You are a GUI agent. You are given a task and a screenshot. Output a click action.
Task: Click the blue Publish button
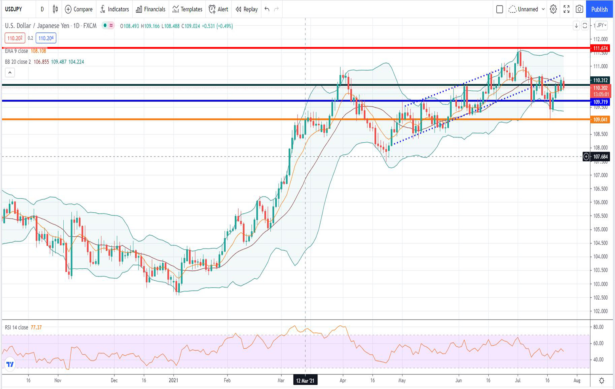click(599, 9)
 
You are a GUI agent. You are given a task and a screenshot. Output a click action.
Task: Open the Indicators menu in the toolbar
click(114, 9)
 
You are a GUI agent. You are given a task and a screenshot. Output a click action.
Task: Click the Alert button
click(218, 9)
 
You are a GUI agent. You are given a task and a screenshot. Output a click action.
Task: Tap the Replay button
click(247, 9)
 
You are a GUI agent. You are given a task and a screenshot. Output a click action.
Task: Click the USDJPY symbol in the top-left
click(13, 9)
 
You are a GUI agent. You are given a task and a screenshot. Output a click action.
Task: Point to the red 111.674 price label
click(600, 48)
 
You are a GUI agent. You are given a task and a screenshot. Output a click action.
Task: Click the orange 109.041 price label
click(600, 119)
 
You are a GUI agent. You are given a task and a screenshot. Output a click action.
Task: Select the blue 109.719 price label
click(600, 102)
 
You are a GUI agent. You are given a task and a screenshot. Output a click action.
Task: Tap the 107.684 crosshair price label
click(600, 157)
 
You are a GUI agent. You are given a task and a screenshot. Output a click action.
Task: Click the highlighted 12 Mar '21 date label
click(305, 380)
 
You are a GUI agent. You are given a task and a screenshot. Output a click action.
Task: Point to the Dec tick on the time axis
click(114, 380)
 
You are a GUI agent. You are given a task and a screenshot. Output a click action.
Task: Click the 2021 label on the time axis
click(173, 380)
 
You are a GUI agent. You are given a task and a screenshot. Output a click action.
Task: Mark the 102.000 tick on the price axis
click(600, 311)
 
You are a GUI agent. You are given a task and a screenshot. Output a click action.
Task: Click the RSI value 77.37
click(36, 327)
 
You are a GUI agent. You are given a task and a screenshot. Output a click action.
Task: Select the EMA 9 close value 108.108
click(38, 51)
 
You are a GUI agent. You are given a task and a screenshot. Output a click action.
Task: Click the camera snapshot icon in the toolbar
click(579, 9)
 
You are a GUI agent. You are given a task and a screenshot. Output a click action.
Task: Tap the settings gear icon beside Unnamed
click(553, 9)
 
